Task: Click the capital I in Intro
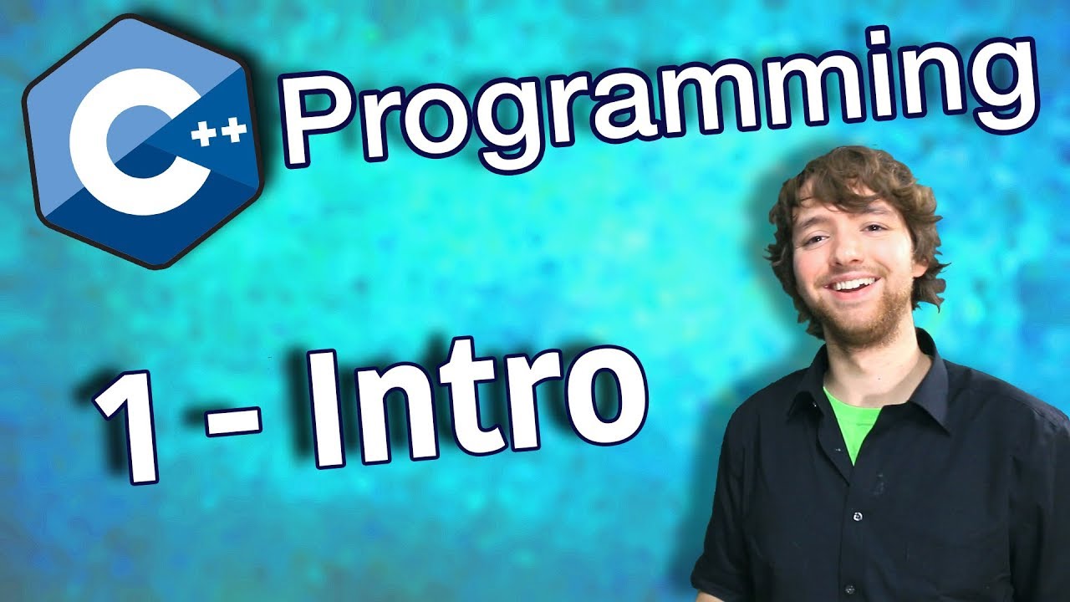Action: [x=332, y=410]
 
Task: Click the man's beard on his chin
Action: [x=861, y=322]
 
